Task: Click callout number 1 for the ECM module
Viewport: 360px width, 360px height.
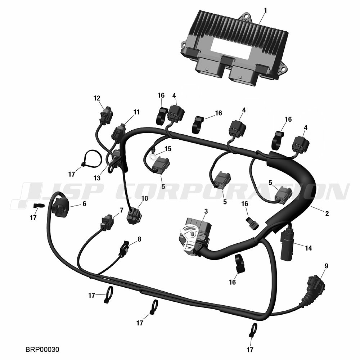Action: click(x=265, y=10)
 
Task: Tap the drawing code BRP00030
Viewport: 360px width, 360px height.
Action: click(x=42, y=350)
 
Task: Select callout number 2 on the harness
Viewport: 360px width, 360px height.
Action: click(x=327, y=213)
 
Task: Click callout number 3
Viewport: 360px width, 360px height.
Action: click(x=206, y=211)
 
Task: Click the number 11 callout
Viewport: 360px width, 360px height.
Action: click(x=136, y=112)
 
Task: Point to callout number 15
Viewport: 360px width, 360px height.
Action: click(x=168, y=149)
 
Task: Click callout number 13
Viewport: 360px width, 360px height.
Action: click(x=97, y=178)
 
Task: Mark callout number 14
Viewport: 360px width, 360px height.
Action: click(x=309, y=248)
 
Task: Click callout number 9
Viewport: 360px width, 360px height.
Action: click(x=326, y=266)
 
